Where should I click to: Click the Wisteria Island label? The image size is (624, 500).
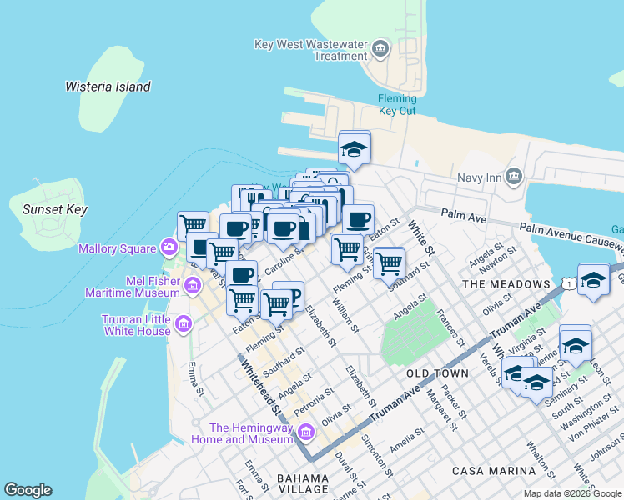[x=108, y=87]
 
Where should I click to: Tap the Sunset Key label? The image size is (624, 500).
[x=55, y=210]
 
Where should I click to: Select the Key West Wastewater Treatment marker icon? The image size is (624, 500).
[x=381, y=49]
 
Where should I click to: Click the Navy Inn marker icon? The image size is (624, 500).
[x=513, y=176]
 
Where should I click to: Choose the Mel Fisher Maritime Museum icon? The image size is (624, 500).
[x=193, y=287]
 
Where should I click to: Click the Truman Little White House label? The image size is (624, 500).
[x=137, y=325]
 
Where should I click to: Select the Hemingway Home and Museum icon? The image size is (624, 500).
[x=306, y=432]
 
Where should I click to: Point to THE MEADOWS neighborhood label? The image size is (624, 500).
[x=506, y=284]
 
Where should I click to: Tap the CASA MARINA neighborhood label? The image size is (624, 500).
[x=491, y=471]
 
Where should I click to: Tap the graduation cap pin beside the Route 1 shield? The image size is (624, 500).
[x=593, y=280]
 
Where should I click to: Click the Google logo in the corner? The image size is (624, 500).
[x=28, y=490]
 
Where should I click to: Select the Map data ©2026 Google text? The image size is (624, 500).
[x=572, y=493]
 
